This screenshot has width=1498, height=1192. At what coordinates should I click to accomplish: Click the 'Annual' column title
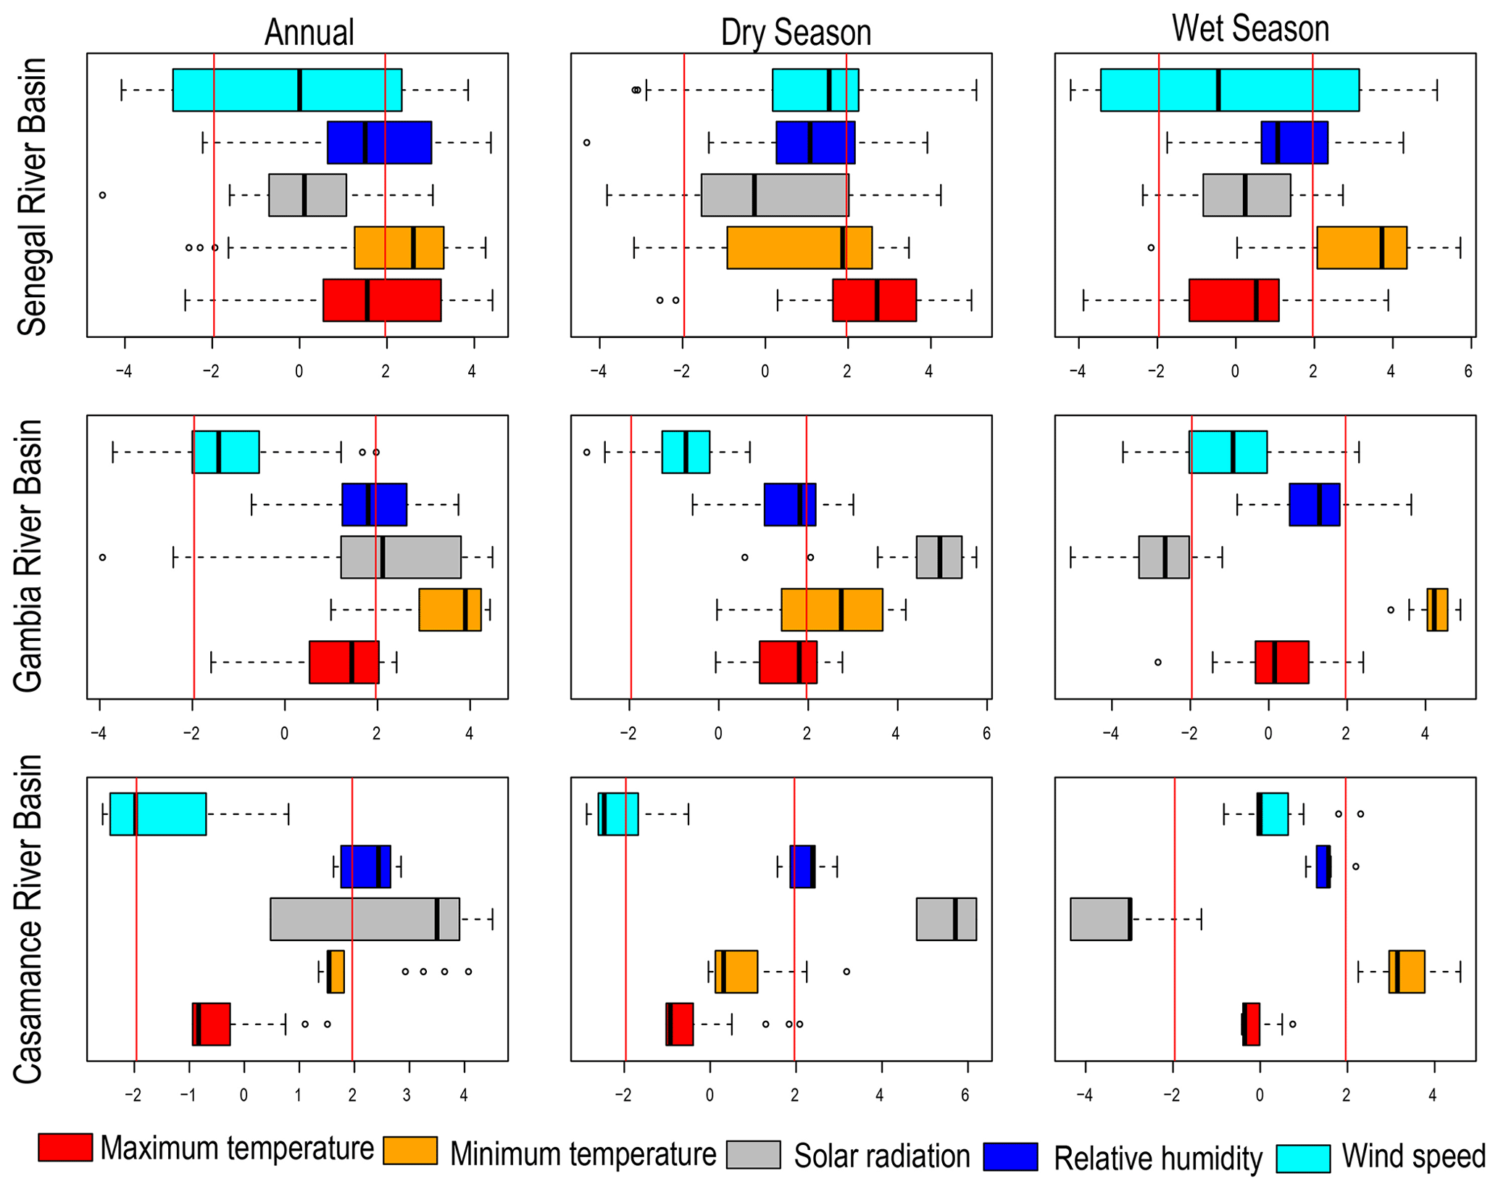coord(309,33)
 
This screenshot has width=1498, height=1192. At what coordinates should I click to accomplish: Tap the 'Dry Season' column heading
coord(795,33)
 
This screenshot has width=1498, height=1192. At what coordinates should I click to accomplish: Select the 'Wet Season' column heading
coord(1250,29)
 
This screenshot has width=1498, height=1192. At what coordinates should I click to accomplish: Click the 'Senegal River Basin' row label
coord(32,196)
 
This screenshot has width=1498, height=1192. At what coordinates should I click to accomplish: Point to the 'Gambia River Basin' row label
coord(29,556)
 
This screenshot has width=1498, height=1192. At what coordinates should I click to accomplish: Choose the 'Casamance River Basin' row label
coord(29,919)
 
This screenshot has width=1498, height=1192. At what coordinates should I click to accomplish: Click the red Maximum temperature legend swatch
coord(65,1148)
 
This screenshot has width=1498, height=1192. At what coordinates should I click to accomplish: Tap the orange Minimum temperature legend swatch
coord(410,1151)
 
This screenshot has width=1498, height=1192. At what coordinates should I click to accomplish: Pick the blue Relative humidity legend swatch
coord(1010,1156)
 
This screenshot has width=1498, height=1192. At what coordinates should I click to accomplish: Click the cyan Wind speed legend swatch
coord(1303,1158)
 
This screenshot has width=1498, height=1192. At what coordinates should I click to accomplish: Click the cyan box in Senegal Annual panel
coord(287,90)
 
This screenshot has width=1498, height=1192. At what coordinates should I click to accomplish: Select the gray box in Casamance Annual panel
coord(365,919)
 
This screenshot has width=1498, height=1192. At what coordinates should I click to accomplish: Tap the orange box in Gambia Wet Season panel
coord(1437,610)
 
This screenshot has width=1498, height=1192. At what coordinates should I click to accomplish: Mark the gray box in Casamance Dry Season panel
coord(946,919)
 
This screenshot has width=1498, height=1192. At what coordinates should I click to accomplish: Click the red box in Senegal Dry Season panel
coord(874,300)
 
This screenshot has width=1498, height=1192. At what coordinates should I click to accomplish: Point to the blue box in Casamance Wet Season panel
coord(1323,866)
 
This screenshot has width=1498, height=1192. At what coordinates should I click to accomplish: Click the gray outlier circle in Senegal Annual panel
coord(103,195)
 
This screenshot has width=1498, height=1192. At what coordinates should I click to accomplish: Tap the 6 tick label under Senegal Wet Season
coord(1468,371)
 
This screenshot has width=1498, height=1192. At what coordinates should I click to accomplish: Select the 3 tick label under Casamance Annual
coord(407,1095)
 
